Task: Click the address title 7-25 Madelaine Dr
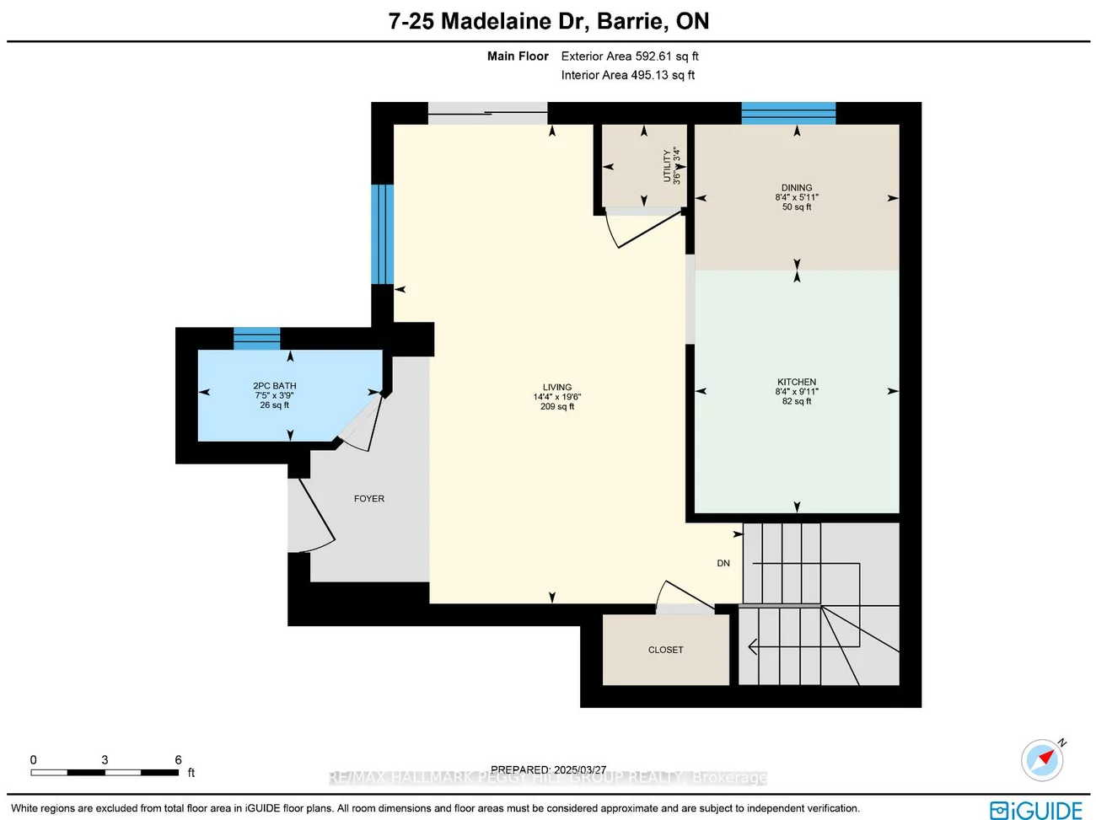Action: coord(548,21)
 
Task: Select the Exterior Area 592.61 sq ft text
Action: coord(630,56)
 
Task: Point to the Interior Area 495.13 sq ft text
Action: coord(628,75)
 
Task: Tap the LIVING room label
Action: coord(556,388)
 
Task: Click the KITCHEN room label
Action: coord(797,382)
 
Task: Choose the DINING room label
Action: coord(797,188)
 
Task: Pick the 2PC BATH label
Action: coord(275,386)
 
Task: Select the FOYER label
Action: coord(369,499)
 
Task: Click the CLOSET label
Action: coord(666,650)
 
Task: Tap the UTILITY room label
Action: coord(667,165)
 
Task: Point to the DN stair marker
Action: coord(723,563)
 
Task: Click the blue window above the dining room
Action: coord(788,113)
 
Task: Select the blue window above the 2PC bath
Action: coord(257,338)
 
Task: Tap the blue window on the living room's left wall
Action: coord(382,234)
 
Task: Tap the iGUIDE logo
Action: coord(1036,810)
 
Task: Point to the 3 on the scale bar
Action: coord(105,760)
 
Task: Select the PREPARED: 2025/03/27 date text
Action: coord(548,769)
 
